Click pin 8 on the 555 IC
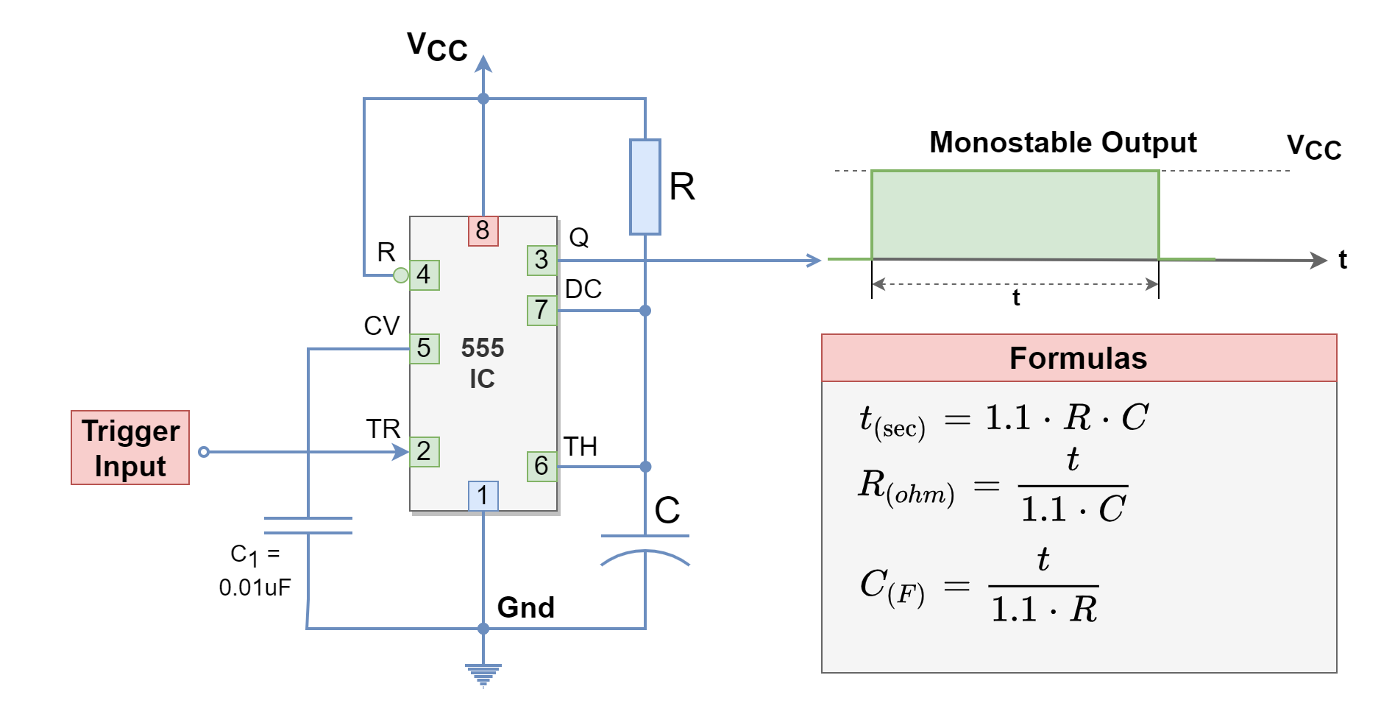483,230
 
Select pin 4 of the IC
424,275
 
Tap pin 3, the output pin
542,260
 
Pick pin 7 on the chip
542,310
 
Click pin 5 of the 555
424,348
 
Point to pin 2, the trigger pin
424,451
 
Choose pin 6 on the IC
542,466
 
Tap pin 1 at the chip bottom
483,495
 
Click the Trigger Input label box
130,448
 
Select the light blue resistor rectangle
645,187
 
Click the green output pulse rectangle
1015,215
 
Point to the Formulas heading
1078,358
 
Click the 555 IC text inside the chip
483,363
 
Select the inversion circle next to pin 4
400,275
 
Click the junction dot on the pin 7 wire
645,311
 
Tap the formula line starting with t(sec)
1004,420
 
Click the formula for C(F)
979,586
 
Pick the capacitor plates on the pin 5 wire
308,526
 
